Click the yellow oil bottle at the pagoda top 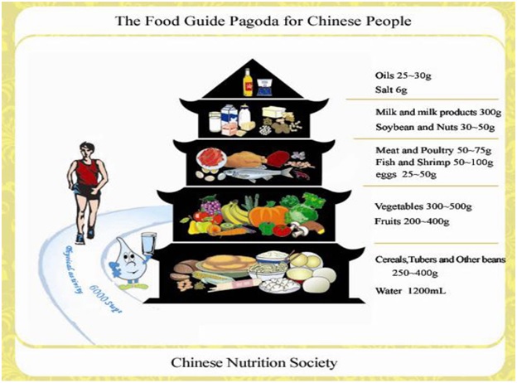click(247, 81)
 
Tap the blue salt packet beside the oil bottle click(265, 84)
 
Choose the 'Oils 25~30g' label click(403, 76)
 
